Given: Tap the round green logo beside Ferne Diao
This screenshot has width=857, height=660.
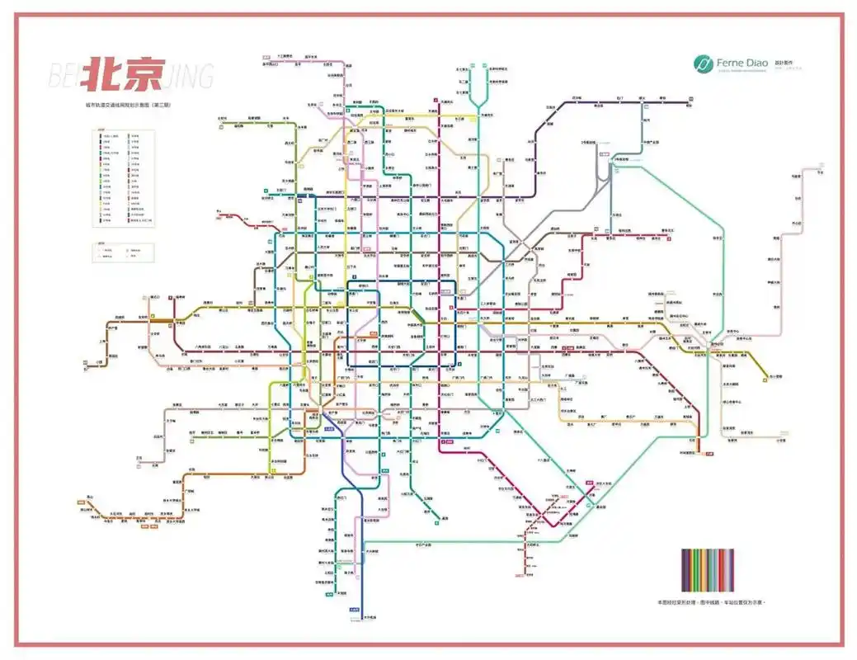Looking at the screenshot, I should coord(703,64).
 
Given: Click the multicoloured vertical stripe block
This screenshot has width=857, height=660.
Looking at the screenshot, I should coord(708,569).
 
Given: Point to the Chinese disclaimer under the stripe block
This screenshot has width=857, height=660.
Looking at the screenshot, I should coord(712,603).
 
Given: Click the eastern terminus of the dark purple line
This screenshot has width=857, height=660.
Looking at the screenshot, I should coord(686,103).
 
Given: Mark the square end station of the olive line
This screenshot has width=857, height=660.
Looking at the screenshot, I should coord(766,376).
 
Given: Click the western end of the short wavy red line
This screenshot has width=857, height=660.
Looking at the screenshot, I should coord(219,215).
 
